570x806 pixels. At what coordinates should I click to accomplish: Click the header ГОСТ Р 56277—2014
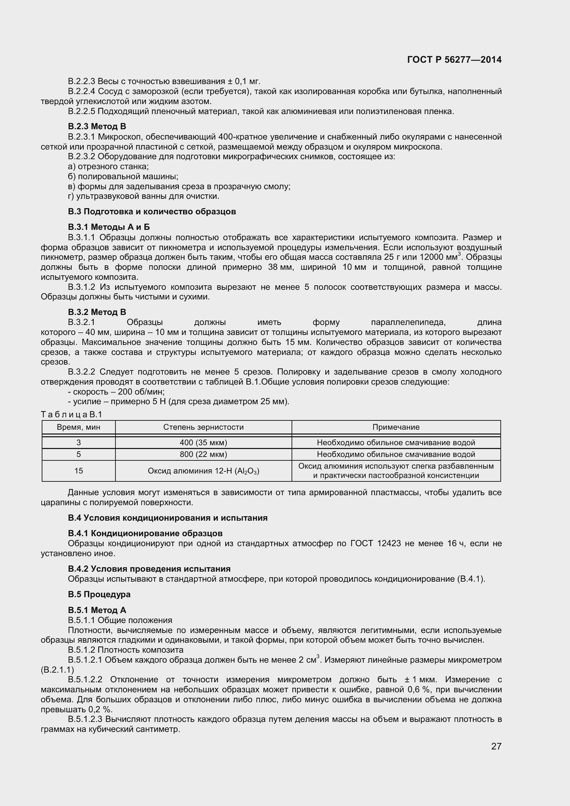454,60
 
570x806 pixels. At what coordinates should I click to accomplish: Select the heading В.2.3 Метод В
97,126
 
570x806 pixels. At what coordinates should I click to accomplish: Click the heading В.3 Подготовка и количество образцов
152,212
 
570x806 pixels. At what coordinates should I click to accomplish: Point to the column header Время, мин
79,427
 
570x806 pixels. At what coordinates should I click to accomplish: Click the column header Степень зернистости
203,427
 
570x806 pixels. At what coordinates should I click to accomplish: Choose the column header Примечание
396,427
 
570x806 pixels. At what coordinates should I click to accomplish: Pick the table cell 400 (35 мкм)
203,443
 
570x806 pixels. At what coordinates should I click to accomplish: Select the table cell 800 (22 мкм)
203,454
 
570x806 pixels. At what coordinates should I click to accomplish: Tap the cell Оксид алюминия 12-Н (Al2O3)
203,471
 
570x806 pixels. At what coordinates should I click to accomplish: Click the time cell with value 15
79,471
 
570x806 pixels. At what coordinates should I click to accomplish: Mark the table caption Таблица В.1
71,415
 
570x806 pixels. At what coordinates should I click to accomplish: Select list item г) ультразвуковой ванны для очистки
143,196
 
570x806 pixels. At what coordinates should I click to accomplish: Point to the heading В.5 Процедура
99,594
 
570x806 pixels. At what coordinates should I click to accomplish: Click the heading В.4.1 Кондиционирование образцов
145,533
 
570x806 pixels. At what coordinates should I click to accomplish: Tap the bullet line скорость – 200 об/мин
116,392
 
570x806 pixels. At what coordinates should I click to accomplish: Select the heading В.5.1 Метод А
97,610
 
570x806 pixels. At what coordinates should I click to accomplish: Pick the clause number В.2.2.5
81,112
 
